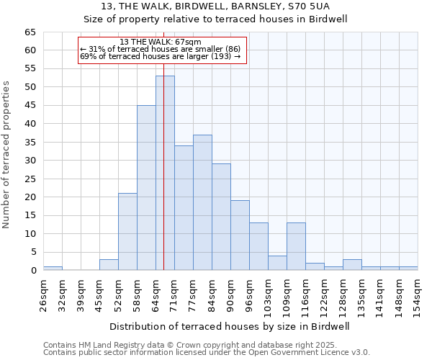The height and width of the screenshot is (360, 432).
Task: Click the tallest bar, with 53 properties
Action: click(x=165, y=173)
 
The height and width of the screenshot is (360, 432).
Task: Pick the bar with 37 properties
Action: click(x=202, y=202)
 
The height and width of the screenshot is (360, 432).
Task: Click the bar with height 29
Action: click(x=221, y=217)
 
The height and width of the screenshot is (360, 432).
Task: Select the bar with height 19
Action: click(x=240, y=235)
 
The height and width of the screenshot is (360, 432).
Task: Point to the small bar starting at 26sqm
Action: click(x=53, y=268)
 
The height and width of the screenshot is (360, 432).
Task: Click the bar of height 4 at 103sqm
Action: click(x=277, y=263)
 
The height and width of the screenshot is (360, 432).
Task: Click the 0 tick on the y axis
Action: click(x=33, y=271)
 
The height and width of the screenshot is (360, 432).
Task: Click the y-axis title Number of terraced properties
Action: click(x=6, y=155)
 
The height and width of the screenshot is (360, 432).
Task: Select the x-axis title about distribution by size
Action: click(x=230, y=326)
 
